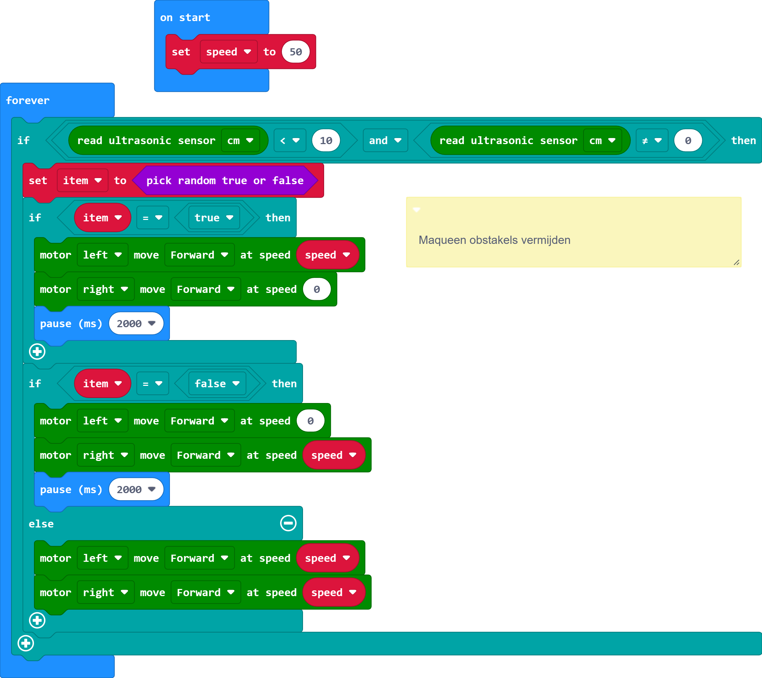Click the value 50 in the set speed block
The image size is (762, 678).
(295, 52)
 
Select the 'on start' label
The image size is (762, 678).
(185, 18)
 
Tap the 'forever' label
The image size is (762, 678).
(28, 100)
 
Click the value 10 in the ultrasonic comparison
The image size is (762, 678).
(326, 141)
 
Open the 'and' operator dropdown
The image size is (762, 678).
(385, 141)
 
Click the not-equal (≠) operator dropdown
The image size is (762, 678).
(652, 141)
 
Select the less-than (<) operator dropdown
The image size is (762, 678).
(290, 141)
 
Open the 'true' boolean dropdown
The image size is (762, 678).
(214, 218)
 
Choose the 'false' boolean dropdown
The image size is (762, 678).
(216, 384)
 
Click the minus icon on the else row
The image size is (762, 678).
(288, 523)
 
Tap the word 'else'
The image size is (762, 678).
(41, 524)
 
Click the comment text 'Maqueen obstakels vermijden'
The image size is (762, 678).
(494, 240)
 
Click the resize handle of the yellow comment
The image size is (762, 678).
(736, 263)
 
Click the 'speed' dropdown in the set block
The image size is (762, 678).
(228, 52)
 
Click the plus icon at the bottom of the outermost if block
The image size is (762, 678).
(26, 643)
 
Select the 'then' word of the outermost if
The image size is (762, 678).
(743, 141)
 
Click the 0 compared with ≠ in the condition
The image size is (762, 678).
(688, 141)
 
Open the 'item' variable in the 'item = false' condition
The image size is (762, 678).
(102, 384)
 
